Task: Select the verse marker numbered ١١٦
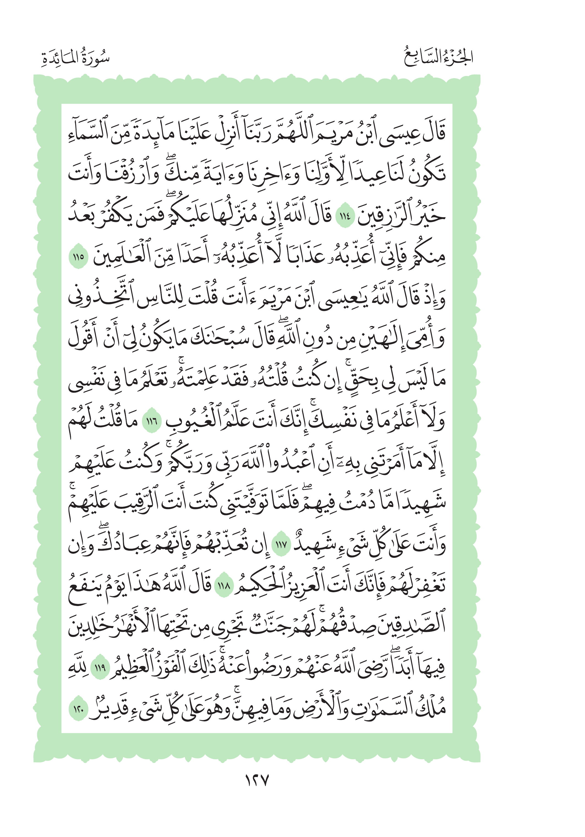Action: (152, 422)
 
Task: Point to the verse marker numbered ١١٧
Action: (281, 545)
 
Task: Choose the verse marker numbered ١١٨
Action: (223, 586)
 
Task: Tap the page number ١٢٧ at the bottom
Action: (256, 781)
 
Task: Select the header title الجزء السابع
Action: (438, 58)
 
